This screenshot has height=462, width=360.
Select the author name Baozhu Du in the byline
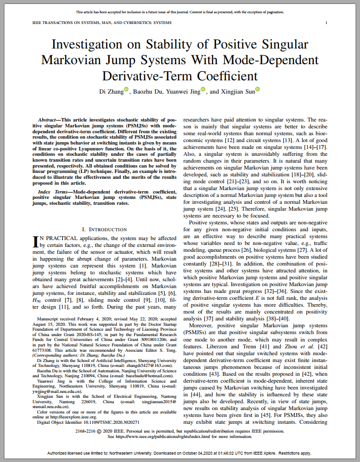(x=150, y=92)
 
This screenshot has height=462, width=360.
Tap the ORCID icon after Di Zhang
(x=126, y=89)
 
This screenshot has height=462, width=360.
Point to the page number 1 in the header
(x=326, y=23)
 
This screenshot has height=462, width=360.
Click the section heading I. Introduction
(x=104, y=229)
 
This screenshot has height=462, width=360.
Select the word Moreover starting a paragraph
(x=203, y=325)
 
